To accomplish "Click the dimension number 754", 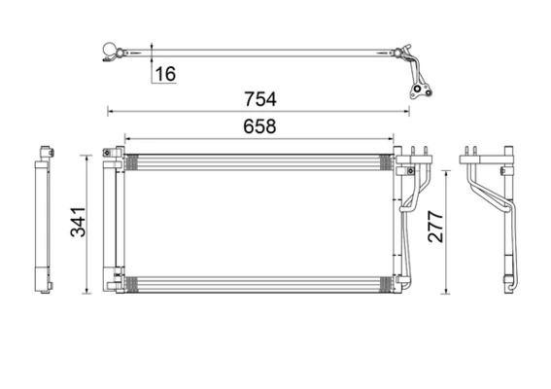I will tap(260, 99).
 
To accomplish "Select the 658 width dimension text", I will tap(260, 126).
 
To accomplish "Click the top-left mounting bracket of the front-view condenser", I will tap(109, 155).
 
